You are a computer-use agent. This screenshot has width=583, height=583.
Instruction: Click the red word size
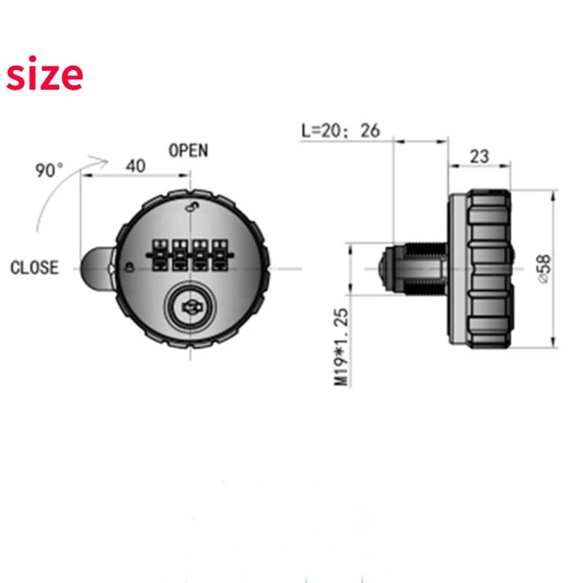pos(44,74)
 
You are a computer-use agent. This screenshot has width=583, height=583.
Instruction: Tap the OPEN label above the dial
pos(188,151)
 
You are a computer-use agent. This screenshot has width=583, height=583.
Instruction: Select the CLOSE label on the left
pos(34,267)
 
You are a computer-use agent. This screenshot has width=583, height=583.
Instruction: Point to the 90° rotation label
pos(49,171)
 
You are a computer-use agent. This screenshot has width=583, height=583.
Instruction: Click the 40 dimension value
pos(136,166)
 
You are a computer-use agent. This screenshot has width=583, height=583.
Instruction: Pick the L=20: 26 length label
pos(340,131)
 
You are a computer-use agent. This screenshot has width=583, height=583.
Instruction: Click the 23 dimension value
pos(480,157)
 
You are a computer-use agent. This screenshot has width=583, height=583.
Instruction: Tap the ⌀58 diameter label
pos(544,269)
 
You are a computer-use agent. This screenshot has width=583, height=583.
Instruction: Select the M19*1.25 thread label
pos(341,348)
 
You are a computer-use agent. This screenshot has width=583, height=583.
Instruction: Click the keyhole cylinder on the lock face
pos(191,307)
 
